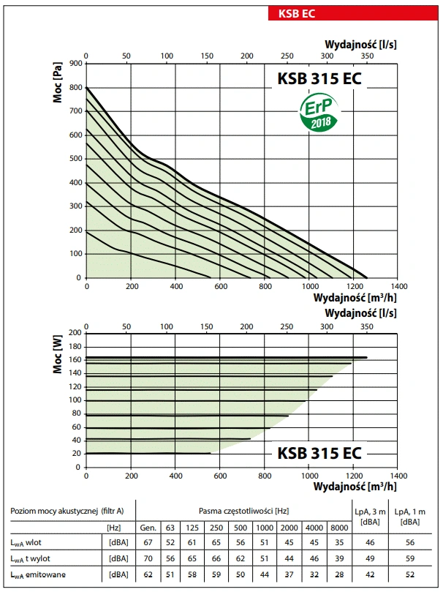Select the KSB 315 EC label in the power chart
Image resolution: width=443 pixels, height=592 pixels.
pos(319,452)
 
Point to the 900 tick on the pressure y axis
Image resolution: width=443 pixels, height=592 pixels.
pos(74,64)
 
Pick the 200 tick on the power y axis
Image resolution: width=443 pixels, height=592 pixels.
pos(74,332)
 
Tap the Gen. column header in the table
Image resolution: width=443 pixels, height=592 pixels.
pos(148,527)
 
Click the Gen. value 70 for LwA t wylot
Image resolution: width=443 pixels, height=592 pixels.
pos(148,558)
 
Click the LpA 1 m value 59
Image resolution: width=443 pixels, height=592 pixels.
pos(411,558)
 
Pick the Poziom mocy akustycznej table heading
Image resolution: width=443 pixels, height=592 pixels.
pos(68,510)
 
